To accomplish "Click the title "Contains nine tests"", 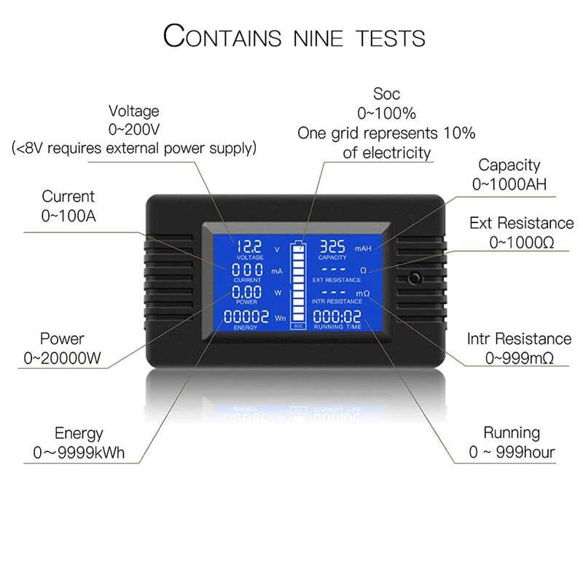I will [x=294, y=36].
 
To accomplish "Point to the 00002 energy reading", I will [x=246, y=316].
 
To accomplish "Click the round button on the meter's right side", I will [x=415, y=279].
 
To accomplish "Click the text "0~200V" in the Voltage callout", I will [x=133, y=130].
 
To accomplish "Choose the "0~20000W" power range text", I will [x=63, y=358].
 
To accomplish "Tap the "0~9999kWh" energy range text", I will [x=79, y=453].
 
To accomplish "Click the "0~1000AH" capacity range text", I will [x=509, y=184].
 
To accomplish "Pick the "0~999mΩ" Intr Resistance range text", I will [x=519, y=358].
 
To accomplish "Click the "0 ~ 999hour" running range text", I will [x=512, y=453].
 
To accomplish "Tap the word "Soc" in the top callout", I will [x=386, y=94].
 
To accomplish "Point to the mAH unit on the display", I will [x=363, y=249].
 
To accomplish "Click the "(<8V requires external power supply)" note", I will [x=134, y=149].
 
